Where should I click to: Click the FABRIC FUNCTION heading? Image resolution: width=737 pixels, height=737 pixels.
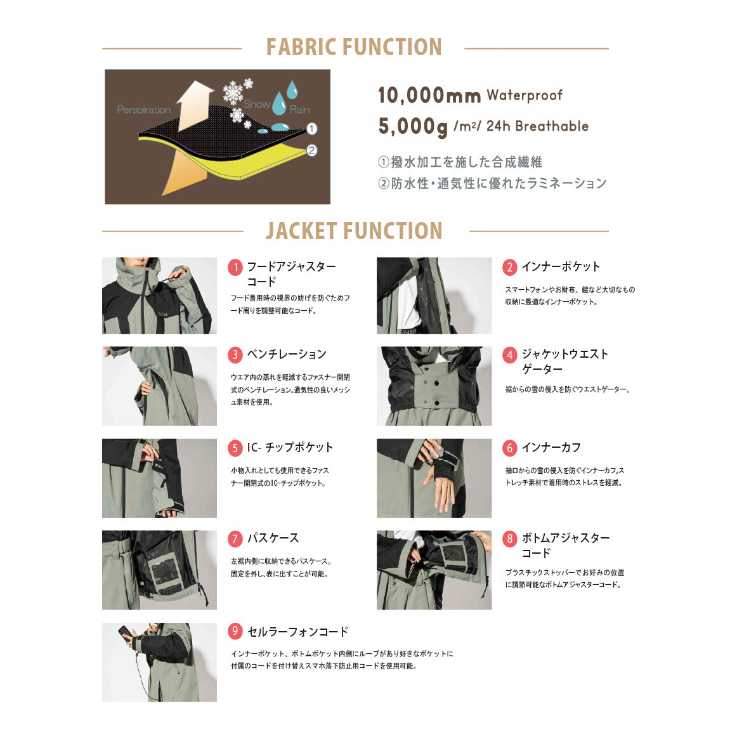pyautogui.click(x=353, y=48)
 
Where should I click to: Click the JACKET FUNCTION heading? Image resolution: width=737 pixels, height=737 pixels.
pyautogui.click(x=353, y=232)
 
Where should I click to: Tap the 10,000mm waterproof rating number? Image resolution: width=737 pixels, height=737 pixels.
pyautogui.click(x=429, y=96)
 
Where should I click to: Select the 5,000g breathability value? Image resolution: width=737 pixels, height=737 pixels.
pyautogui.click(x=413, y=126)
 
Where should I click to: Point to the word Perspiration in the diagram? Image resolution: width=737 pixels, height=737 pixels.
pyautogui.click(x=144, y=110)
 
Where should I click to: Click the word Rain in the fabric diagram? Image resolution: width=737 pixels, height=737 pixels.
pyautogui.click(x=299, y=110)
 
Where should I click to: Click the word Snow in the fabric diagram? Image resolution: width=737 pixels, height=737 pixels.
pyautogui.click(x=256, y=104)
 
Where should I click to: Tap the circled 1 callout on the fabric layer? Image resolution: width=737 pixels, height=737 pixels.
pyautogui.click(x=311, y=129)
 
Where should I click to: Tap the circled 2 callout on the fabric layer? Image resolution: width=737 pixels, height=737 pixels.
pyautogui.click(x=311, y=150)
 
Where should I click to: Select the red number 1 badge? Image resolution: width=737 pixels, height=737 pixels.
pyautogui.click(x=235, y=268)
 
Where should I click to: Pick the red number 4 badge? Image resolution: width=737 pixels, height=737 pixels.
pyautogui.click(x=510, y=355)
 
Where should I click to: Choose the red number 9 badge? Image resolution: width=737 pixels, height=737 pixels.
pyautogui.click(x=235, y=631)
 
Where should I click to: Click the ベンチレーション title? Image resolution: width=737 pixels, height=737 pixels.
pyautogui.click(x=286, y=355)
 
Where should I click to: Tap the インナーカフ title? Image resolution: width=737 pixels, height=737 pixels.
pyautogui.click(x=551, y=448)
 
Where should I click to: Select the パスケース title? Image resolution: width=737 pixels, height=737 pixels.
pyautogui.click(x=273, y=538)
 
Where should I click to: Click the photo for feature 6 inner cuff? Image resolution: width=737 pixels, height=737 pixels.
pyautogui.click(x=434, y=478)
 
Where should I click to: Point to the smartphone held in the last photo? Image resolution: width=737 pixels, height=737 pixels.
pyautogui.click(x=125, y=633)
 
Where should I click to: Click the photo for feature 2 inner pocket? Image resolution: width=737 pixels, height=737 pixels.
pyautogui.click(x=434, y=296)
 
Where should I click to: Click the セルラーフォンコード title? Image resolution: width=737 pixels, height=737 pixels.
pyautogui.click(x=297, y=632)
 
